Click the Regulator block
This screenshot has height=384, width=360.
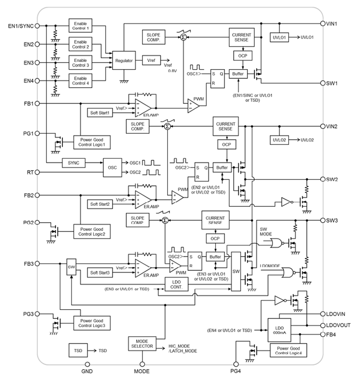(124, 60)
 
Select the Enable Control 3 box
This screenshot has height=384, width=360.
(81, 63)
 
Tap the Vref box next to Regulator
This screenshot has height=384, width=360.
(151, 60)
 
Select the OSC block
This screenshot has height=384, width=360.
(112, 167)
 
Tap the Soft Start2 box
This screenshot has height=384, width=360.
(100, 204)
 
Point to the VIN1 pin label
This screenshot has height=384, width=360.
(335, 24)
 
